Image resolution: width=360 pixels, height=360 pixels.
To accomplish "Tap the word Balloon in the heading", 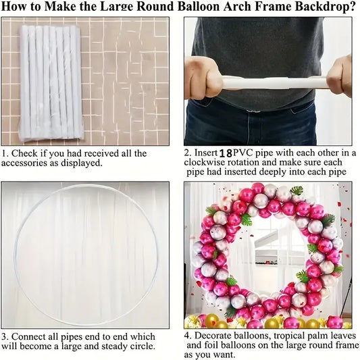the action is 199,7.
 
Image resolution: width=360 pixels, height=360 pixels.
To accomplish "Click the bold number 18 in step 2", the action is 226,153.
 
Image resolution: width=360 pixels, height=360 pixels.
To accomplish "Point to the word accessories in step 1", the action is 25,163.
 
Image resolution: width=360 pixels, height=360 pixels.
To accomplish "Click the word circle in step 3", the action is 142,346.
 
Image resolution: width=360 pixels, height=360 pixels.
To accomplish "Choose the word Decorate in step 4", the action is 213,336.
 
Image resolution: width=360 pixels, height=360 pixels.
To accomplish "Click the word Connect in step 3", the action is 28,336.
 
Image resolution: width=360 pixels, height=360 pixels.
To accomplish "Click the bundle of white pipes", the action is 51,83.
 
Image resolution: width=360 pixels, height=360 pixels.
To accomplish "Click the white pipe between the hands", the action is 274,82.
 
